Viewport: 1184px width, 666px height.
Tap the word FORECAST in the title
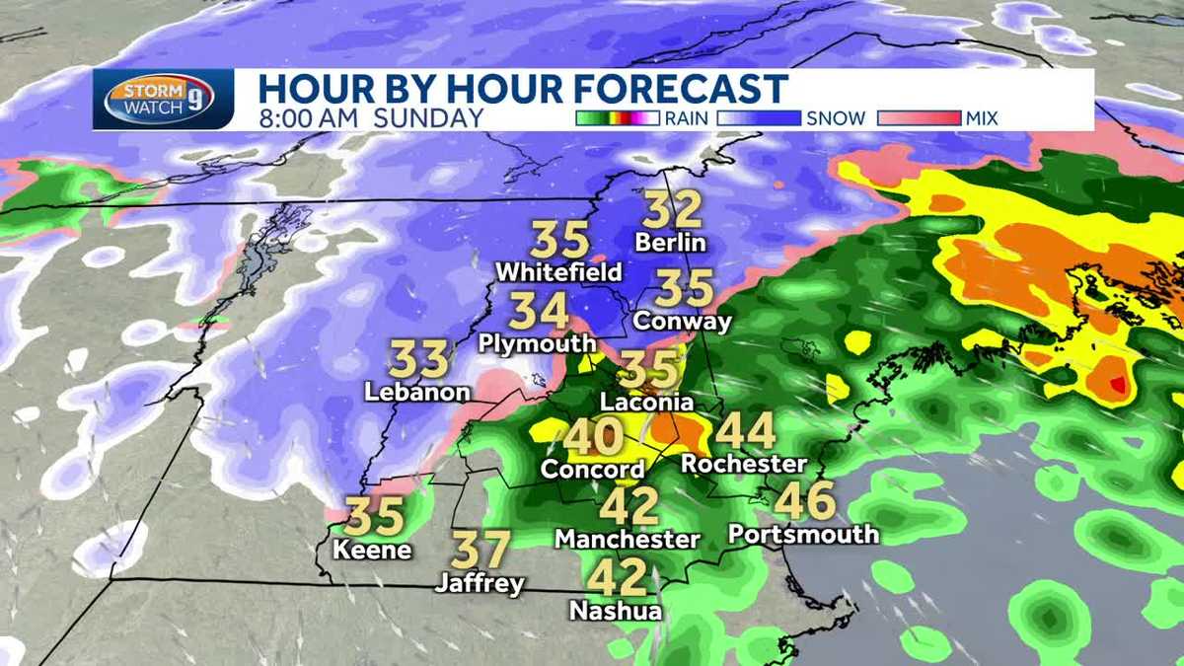(x=680, y=89)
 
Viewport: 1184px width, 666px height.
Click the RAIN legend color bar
(x=616, y=118)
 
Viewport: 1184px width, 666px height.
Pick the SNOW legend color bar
(x=760, y=118)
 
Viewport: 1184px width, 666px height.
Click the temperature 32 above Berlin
(x=673, y=210)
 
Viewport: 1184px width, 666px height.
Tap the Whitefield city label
(x=558, y=271)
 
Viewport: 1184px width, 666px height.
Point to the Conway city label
(x=683, y=321)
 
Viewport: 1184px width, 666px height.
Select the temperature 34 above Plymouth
(x=540, y=312)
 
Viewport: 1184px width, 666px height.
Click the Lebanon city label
(x=416, y=392)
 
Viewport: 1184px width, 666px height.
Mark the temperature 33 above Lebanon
(x=418, y=359)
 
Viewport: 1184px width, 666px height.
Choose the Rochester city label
(x=744, y=463)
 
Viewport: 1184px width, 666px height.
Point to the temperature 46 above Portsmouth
(x=805, y=502)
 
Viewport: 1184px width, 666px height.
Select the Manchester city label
(x=628, y=540)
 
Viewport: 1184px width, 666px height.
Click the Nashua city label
(x=615, y=611)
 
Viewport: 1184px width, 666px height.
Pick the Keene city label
(x=372, y=550)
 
